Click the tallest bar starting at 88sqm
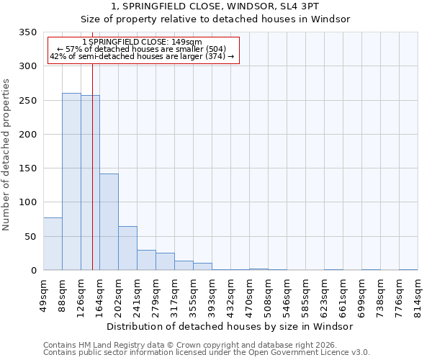(71, 181)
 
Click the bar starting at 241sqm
(146, 260)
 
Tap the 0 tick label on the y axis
(34, 271)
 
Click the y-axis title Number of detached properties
(6, 154)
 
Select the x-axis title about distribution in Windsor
(230, 326)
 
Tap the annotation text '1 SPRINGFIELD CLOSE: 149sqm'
(142, 42)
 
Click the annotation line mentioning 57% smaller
(142, 50)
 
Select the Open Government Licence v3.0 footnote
(207, 353)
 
